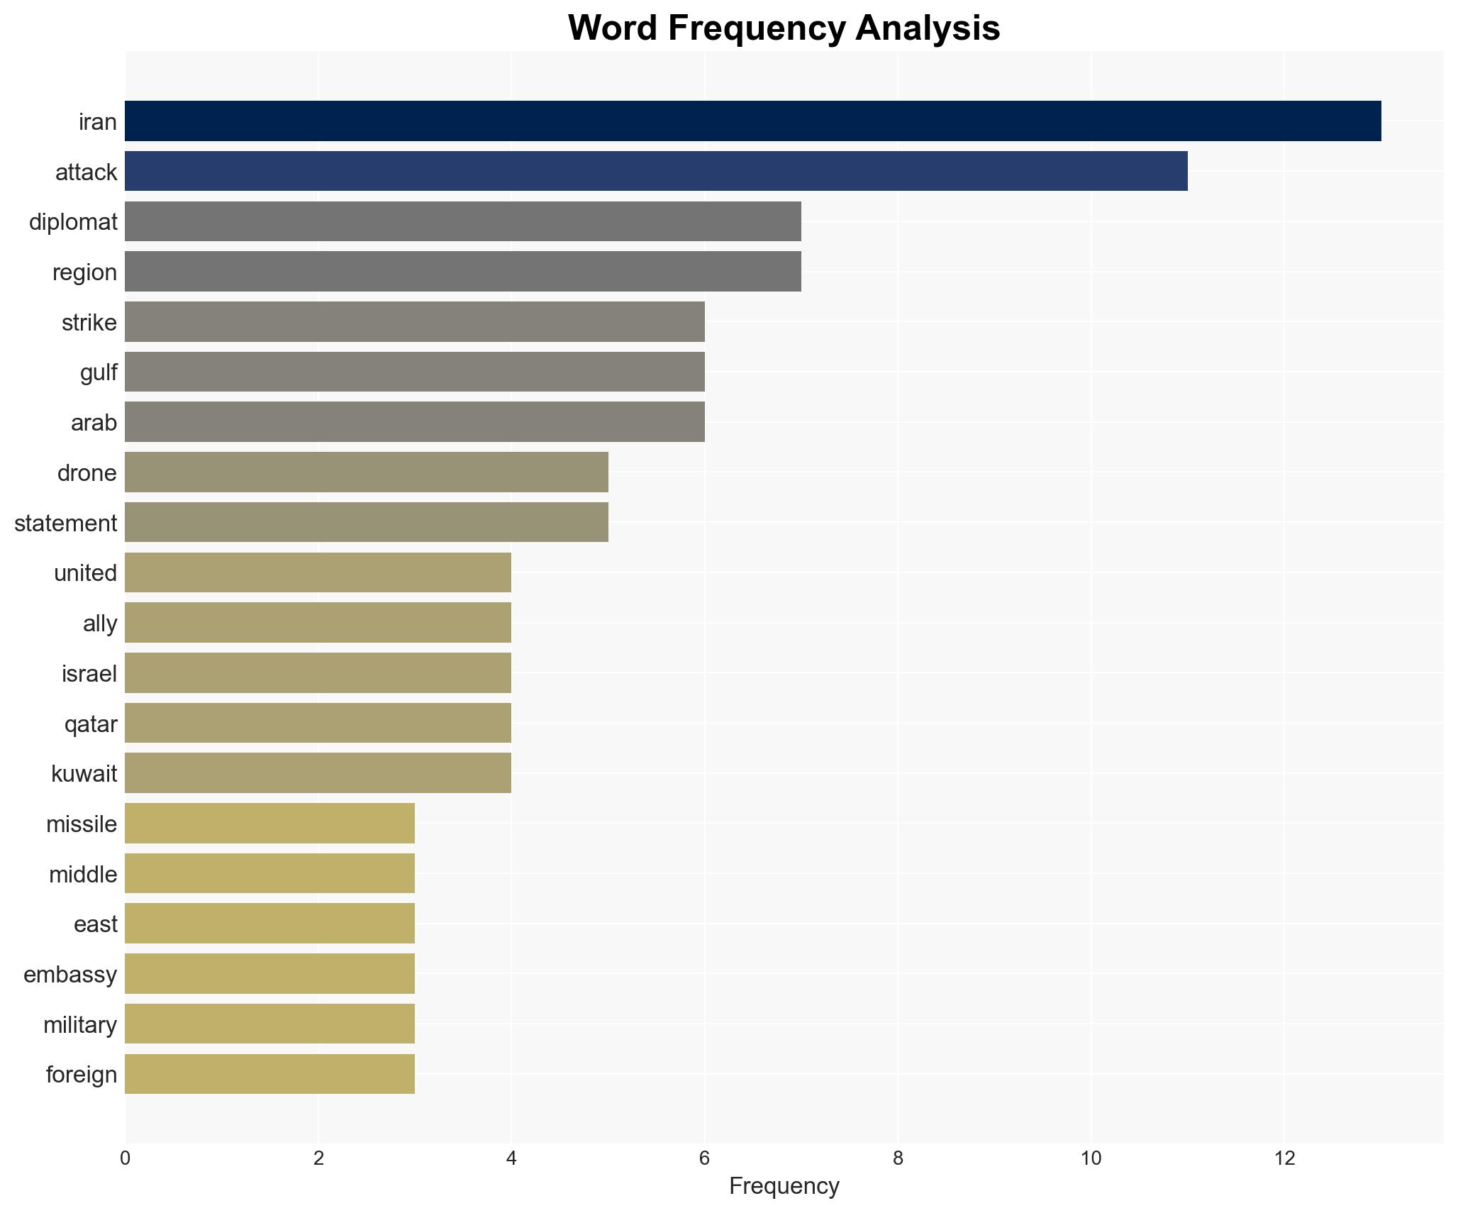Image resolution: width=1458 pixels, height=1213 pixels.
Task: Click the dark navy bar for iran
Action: point(752,121)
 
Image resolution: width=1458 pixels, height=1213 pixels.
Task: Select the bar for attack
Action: point(656,171)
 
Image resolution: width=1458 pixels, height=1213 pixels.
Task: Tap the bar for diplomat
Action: point(462,221)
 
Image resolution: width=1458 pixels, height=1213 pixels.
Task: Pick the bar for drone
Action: point(366,472)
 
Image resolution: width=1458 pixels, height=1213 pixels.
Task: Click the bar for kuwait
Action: point(318,773)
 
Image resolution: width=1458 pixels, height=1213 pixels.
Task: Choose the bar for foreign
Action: point(269,1074)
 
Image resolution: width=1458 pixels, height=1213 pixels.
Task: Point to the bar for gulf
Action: point(414,372)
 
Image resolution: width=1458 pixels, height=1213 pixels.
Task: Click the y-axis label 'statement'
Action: point(65,524)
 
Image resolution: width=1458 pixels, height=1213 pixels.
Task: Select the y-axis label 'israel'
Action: point(89,674)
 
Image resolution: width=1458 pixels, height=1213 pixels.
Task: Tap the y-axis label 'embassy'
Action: point(70,975)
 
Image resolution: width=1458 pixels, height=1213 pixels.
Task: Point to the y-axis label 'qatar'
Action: point(91,724)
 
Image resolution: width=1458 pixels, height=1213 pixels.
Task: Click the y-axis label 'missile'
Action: point(82,824)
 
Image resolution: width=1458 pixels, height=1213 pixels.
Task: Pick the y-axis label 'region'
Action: point(84,272)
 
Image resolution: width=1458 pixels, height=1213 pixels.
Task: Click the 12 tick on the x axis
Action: point(1284,1158)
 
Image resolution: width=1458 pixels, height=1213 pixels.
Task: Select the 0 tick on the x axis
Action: point(126,1158)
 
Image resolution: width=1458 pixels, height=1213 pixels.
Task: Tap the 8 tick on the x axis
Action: point(898,1158)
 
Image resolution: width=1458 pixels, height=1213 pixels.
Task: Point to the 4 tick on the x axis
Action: point(511,1158)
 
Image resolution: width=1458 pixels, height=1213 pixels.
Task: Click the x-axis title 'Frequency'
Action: point(784,1186)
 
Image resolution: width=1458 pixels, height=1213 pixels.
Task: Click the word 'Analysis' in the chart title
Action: point(928,28)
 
